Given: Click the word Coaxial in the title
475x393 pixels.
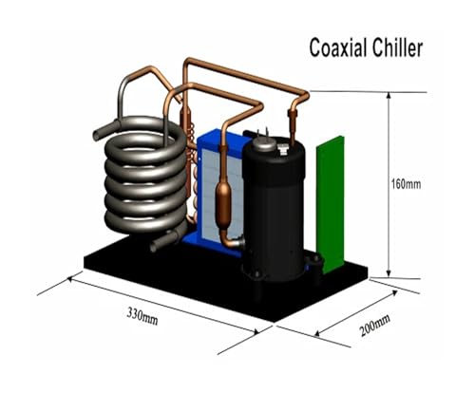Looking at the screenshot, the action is tap(338, 47).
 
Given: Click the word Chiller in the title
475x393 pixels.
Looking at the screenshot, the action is tap(397, 47).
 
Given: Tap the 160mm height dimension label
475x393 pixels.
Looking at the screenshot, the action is tap(407, 184).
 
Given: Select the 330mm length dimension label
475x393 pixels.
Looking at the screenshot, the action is tap(142, 316).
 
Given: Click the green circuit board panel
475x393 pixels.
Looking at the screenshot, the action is tap(331, 205).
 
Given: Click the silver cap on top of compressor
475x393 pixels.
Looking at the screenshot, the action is tap(265, 144).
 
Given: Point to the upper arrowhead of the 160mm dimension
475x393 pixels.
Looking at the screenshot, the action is tap(389, 96).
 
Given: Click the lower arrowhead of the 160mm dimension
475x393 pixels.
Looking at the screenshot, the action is tap(389, 274).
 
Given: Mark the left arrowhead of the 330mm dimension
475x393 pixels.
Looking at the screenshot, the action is tap(71, 280).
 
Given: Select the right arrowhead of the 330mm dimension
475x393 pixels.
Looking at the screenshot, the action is tap(256, 330).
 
